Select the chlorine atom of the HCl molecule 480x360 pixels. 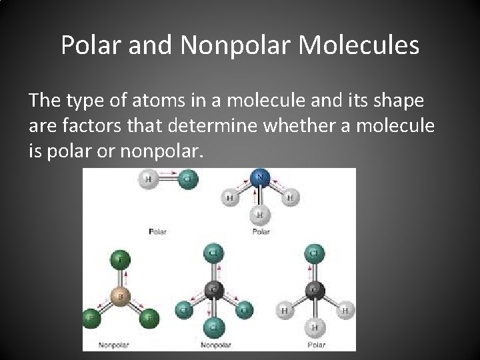pyautogui.click(x=189, y=179)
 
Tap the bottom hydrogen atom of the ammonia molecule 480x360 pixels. pyautogui.click(x=261, y=215)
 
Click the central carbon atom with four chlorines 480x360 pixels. pyautogui.click(x=213, y=290)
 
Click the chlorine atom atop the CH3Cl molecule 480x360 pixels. pyautogui.click(x=315, y=254)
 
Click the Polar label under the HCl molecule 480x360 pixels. pyautogui.click(x=157, y=231)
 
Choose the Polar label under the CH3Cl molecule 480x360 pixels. pyautogui.click(x=317, y=345)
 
